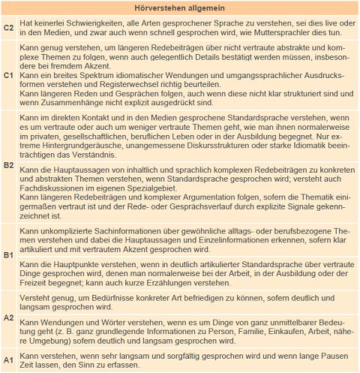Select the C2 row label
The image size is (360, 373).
coord(9,28)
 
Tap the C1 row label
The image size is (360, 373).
coord(9,76)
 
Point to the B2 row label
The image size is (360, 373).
coord(9,164)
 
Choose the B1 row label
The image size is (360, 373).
coord(9,256)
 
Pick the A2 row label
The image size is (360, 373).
coord(9,317)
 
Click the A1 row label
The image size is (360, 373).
coord(9,359)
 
